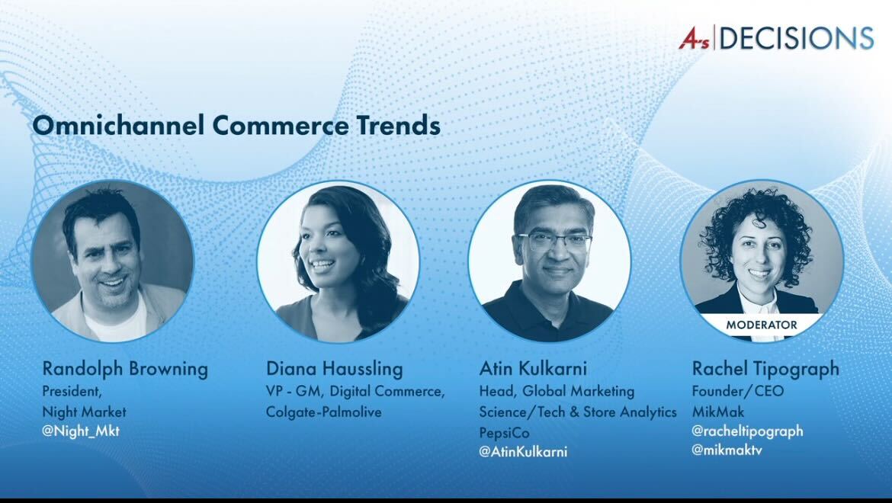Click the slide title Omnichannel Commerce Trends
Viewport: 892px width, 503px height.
pos(236,125)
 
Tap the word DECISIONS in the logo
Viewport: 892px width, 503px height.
pos(796,37)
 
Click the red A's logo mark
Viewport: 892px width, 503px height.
pos(695,38)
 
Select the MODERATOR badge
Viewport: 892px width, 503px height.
pos(761,325)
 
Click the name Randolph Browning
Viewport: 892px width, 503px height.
pos(125,369)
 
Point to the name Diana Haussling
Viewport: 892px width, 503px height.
pos(334,369)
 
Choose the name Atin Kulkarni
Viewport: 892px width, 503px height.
pos(533,369)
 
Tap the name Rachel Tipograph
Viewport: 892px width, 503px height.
pos(765,369)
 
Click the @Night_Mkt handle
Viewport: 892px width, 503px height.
pos(81,431)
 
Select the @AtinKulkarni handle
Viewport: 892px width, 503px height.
pos(523,451)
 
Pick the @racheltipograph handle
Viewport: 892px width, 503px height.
pos(747,431)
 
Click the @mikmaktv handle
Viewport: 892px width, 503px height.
pos(727,450)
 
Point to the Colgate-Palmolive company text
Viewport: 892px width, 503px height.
pos(323,412)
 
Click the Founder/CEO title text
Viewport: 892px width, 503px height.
pos(737,391)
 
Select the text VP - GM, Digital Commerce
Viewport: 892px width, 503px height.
pos(355,391)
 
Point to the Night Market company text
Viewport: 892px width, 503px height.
pos(85,412)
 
